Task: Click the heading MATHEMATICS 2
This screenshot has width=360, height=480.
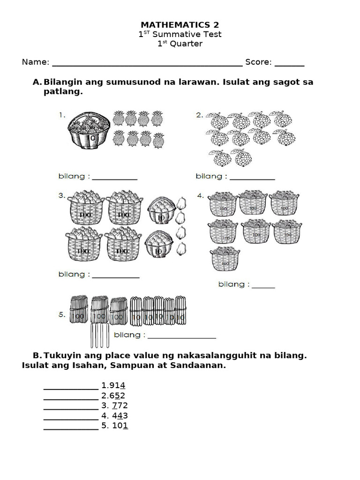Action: tap(180, 25)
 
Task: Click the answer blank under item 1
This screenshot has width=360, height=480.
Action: tap(114, 179)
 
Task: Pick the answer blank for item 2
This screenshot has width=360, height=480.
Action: tap(252, 179)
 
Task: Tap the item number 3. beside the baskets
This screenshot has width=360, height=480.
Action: tap(62, 195)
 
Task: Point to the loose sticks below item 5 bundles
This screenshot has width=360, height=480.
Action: tap(99, 336)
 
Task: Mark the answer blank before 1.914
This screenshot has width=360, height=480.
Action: tap(71, 389)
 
